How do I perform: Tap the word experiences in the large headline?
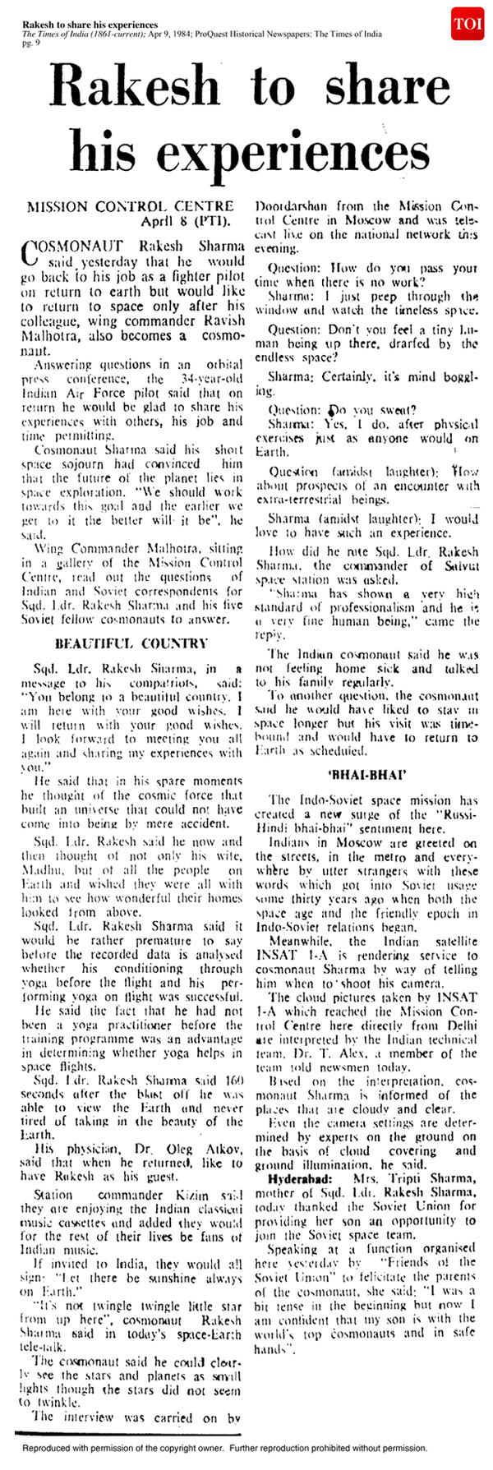click(293, 153)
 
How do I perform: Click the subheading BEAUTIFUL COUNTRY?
click(120, 643)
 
